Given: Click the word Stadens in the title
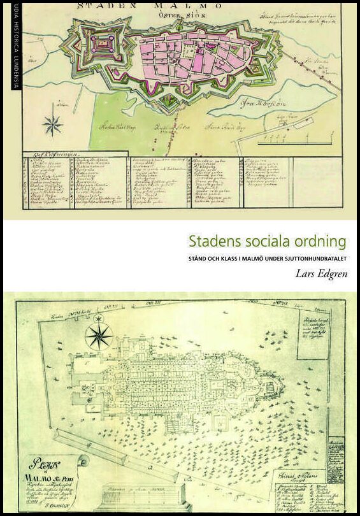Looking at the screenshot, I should pos(210,243).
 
